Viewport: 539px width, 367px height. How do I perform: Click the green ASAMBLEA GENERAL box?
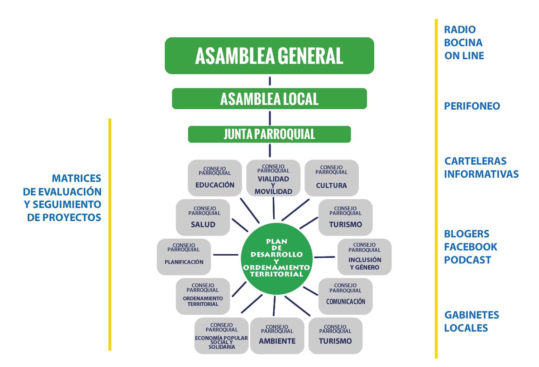269,55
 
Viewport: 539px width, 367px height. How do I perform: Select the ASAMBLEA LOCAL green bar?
269,99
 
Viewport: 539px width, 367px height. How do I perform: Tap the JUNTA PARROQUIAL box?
269,134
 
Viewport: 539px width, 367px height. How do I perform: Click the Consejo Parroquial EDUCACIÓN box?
215,178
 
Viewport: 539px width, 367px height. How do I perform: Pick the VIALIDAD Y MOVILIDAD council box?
273,178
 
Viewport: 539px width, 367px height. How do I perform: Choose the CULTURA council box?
331,178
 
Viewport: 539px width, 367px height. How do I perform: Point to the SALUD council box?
203,218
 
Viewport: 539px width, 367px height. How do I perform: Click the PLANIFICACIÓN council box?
184,256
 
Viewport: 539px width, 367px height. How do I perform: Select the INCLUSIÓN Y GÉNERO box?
364,257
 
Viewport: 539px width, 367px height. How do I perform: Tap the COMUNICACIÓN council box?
345,296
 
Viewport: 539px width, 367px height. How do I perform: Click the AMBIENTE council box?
277,335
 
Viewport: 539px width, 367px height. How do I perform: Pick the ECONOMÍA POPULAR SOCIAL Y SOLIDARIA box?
222,336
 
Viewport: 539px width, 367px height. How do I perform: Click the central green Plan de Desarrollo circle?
277,258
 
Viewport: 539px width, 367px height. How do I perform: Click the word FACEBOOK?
471,247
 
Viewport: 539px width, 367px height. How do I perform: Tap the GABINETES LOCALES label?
471,321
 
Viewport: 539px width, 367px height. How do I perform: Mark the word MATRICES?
76,178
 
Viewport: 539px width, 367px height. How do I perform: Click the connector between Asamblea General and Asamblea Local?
269,81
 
